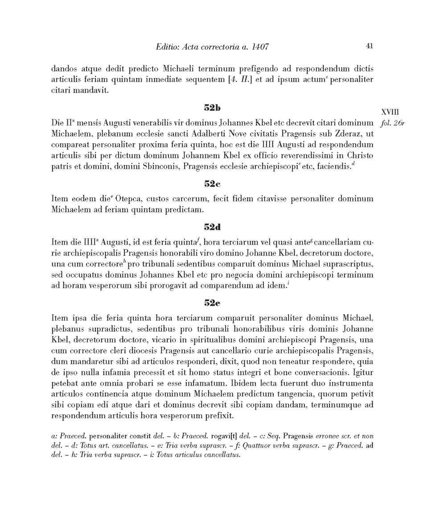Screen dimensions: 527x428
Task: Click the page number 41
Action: [x=369, y=46]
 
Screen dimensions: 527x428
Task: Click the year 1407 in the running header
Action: [x=260, y=46]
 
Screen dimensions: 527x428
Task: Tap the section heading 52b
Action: [x=212, y=108]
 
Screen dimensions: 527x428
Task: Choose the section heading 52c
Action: [x=212, y=183]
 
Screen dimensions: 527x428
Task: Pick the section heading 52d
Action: [x=212, y=227]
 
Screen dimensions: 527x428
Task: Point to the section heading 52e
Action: [x=212, y=303]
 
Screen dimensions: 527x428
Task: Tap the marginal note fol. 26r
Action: [x=393, y=123]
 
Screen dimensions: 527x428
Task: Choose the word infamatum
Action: [x=197, y=383]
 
